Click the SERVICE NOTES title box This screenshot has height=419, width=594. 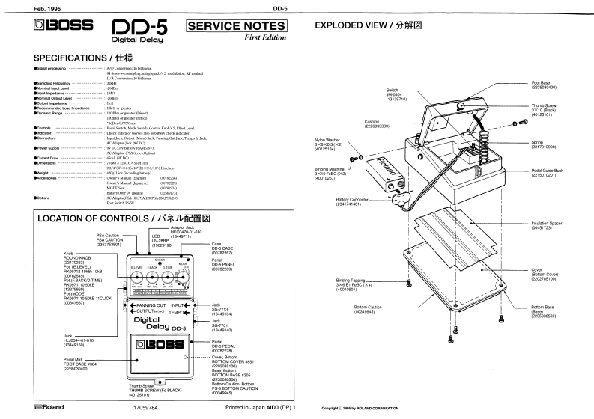coord(233,27)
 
